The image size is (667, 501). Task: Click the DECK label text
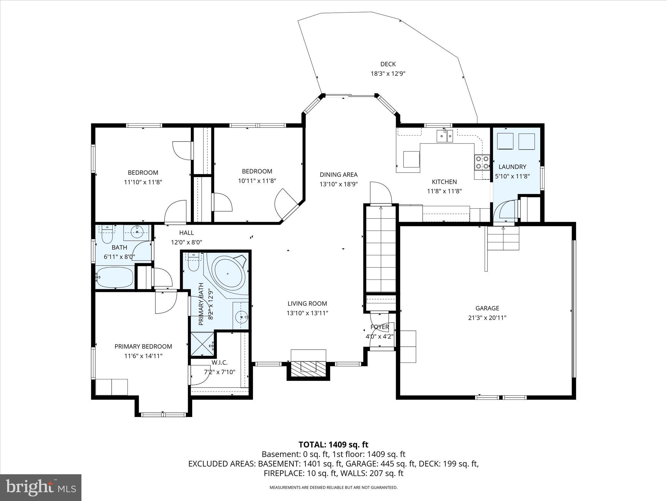click(388, 64)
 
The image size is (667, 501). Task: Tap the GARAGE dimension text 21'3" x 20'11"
click(487, 318)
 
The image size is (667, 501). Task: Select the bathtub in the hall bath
click(115, 277)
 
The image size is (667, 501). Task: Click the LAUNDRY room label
click(512, 167)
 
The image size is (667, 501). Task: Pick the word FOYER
click(379, 327)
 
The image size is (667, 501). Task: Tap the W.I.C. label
click(220, 362)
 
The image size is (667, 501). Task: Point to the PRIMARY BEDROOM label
click(143, 346)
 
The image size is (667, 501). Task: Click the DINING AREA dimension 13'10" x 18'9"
click(339, 184)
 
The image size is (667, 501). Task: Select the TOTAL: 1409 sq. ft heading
click(333, 445)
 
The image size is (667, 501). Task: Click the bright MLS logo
click(41, 488)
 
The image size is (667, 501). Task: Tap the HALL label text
click(186, 233)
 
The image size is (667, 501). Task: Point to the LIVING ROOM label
click(307, 303)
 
